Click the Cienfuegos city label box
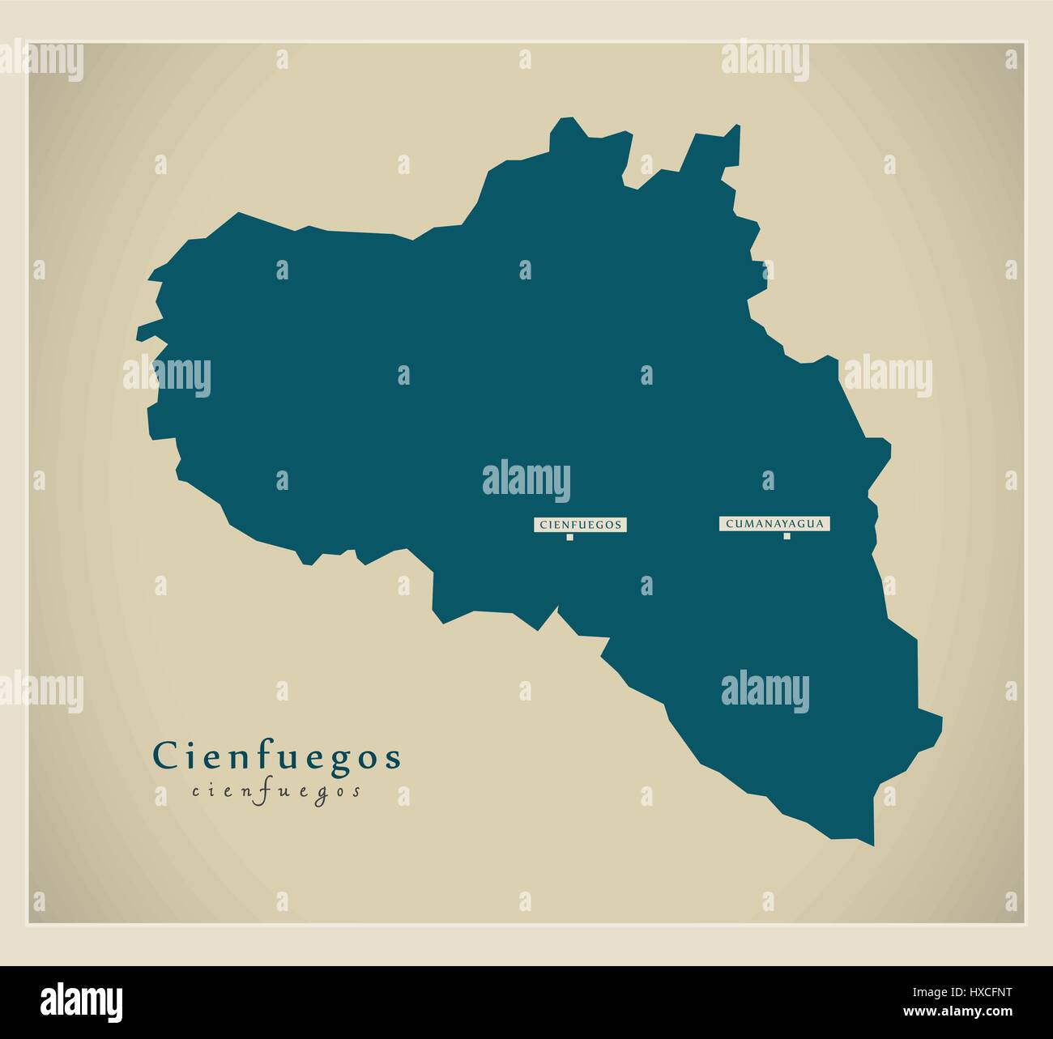click(580, 525)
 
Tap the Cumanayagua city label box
click(775, 524)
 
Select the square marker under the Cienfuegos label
click(569, 537)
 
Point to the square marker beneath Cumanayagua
click(787, 536)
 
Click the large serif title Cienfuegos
click(277, 756)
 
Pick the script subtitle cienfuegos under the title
click(277, 792)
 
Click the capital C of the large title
click(164, 756)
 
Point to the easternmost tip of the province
click(941, 718)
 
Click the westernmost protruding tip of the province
click(139, 331)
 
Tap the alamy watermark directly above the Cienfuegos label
click(526, 479)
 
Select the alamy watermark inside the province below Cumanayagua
click(765, 688)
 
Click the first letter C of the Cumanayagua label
click(730, 524)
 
